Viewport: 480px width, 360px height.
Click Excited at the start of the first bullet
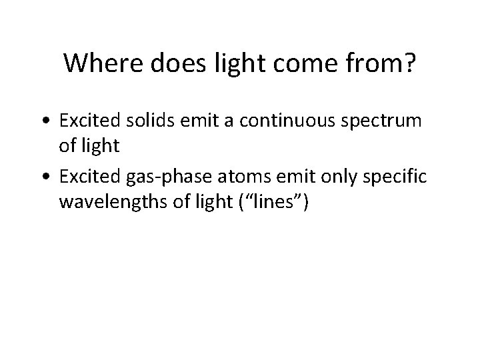[83, 121]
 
